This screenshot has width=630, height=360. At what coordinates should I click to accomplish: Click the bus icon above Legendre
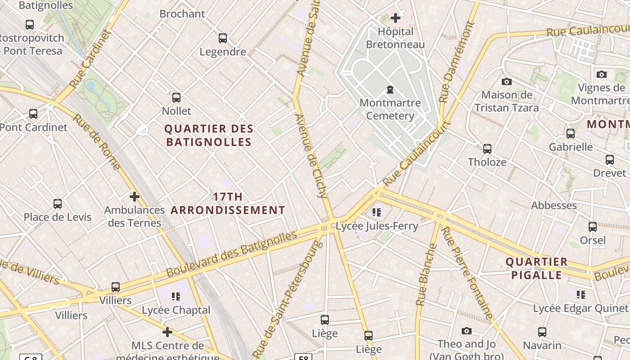223,38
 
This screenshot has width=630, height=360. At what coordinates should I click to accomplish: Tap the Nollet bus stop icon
176,98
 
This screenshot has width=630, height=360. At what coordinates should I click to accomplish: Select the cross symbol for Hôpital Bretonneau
396,18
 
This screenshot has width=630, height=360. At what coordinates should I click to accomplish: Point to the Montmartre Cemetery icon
390,90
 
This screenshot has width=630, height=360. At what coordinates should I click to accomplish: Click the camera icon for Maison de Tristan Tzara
507,81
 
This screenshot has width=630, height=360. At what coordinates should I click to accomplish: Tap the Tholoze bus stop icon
487,149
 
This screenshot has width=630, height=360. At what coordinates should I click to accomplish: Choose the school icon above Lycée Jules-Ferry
377,212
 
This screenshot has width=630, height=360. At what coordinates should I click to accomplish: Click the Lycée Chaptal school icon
176,297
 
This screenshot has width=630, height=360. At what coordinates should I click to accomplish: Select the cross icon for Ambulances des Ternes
134,197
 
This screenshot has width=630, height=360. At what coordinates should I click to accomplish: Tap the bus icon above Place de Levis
58,204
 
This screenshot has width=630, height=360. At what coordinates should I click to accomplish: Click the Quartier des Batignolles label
209,135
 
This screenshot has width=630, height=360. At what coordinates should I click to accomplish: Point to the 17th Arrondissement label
228,203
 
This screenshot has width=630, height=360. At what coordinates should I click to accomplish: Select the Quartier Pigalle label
536,268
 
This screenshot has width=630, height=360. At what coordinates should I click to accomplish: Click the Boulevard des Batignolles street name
232,254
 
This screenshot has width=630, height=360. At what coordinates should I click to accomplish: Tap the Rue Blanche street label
426,274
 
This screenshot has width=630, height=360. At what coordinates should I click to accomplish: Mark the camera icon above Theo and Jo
467,331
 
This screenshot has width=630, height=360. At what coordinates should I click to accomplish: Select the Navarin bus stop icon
542,333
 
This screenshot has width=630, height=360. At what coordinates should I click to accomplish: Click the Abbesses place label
554,205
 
